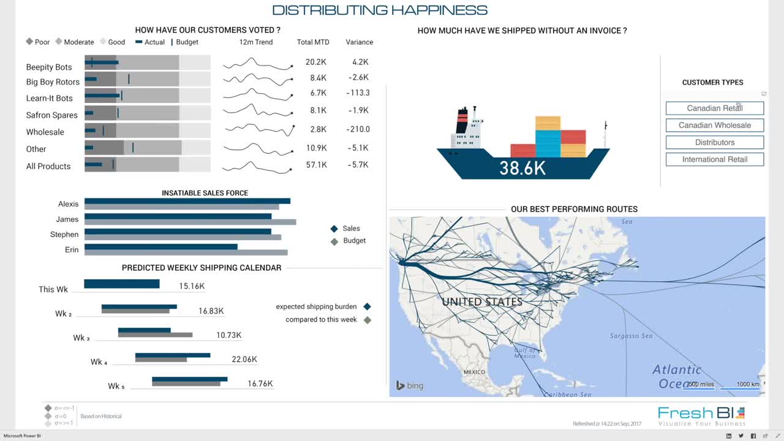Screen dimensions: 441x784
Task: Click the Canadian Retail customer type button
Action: point(714,108)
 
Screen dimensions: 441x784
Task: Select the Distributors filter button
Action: point(714,143)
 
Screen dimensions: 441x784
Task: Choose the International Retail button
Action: point(714,160)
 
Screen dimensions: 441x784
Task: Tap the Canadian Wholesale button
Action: point(714,126)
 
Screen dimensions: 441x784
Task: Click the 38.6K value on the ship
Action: point(522,168)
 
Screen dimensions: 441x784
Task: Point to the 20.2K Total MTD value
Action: point(315,62)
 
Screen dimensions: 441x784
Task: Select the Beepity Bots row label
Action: point(49,67)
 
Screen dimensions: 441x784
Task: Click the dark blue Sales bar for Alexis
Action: point(187,201)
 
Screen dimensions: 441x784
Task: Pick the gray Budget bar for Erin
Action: point(186,252)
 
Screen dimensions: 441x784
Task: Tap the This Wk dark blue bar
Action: point(121,284)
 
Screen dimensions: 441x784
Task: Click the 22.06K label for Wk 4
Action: point(244,360)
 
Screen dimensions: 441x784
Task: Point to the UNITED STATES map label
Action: point(482,302)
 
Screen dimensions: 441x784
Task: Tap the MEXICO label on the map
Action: point(474,372)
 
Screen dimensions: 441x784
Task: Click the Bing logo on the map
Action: point(410,385)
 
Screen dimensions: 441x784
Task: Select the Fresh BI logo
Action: point(701,415)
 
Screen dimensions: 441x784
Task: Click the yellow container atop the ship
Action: point(548,123)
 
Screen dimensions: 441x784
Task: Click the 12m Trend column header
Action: point(256,42)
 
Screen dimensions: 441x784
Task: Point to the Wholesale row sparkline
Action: point(259,129)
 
